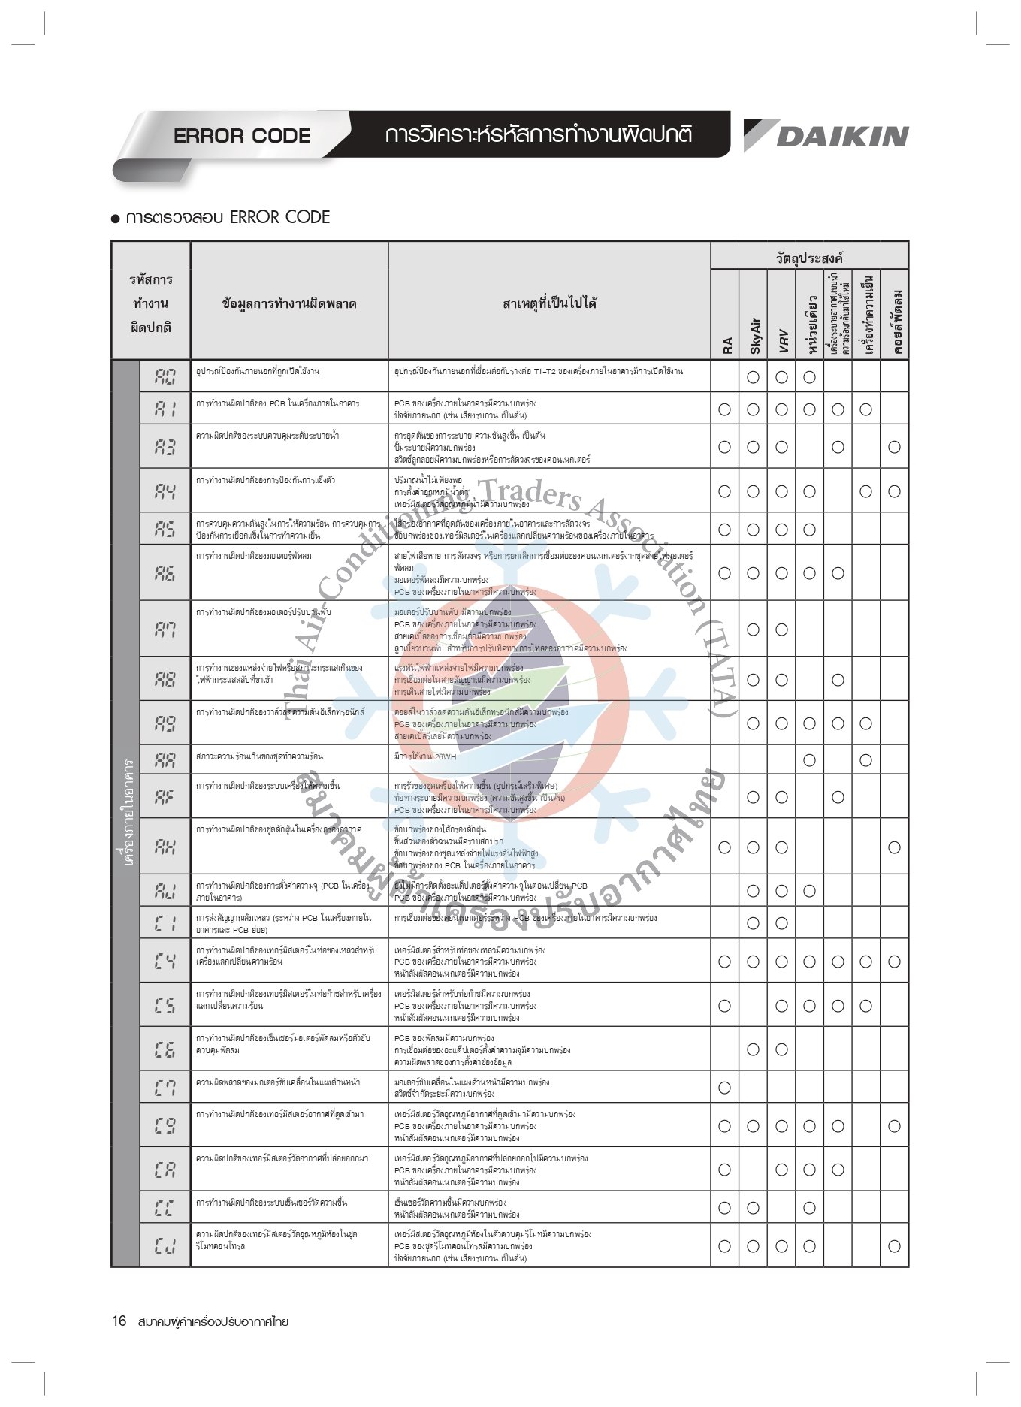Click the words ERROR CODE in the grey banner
[242, 136]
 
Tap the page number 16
[119, 1321]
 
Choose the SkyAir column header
[754, 335]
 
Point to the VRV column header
[782, 340]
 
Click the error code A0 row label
[165, 376]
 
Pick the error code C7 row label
[165, 1087]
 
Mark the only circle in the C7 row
[724, 1087]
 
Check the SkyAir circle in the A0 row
[753, 377]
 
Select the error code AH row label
[165, 847]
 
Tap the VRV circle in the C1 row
[781, 923]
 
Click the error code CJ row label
[165, 1245]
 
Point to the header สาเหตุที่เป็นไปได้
[549, 303]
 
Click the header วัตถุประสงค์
[809, 258]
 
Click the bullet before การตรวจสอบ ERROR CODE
[116, 219]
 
